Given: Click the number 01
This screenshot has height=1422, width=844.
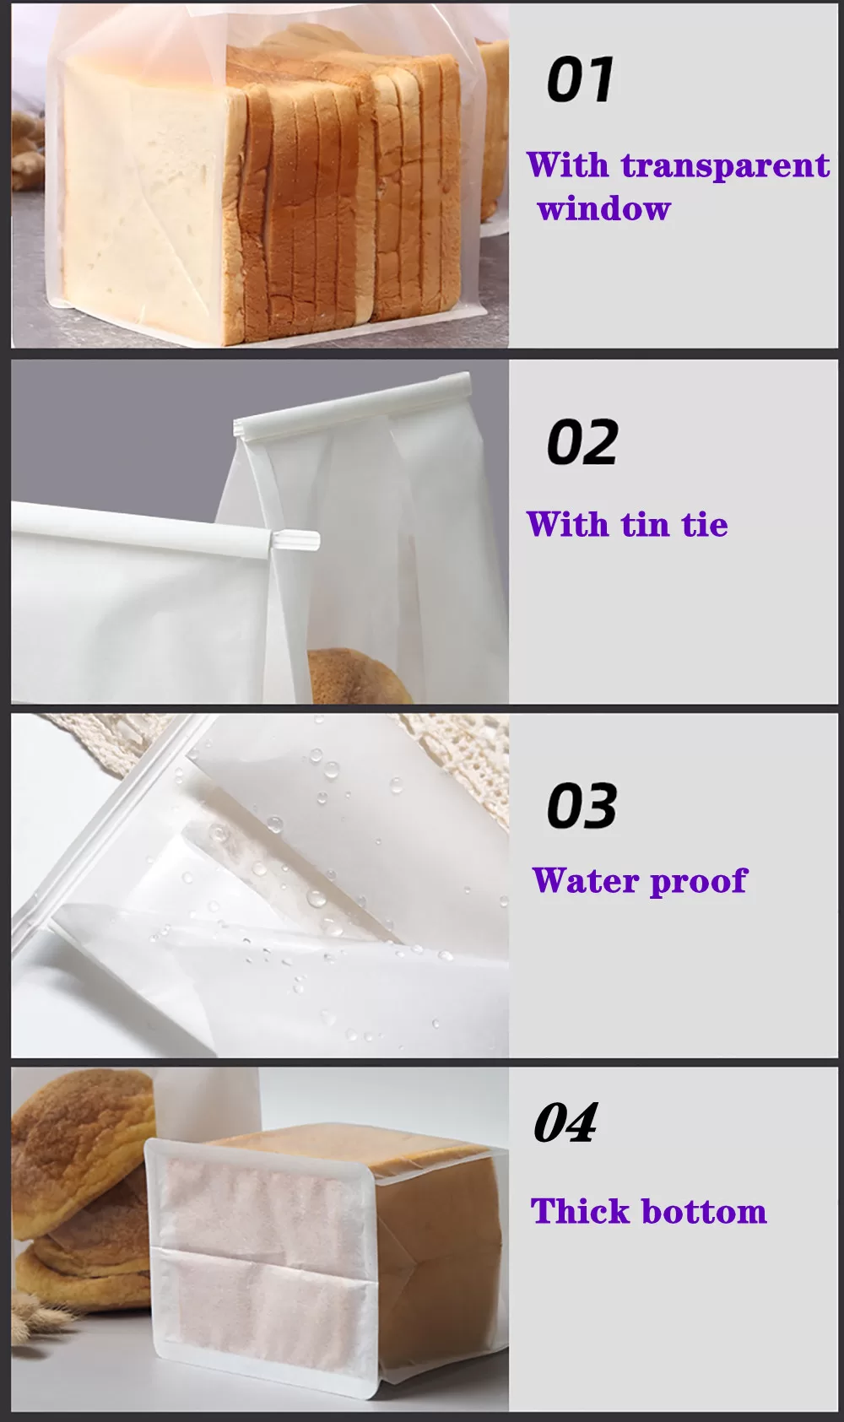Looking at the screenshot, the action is [x=580, y=79].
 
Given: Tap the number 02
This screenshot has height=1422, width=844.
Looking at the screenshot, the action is [x=582, y=442].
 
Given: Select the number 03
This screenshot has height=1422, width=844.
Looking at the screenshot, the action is [x=582, y=805].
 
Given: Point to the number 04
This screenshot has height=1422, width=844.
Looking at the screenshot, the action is [x=565, y=1123].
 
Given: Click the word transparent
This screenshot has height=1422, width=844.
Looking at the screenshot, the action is [x=725, y=165].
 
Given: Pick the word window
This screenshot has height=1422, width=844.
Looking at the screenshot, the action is [x=604, y=208].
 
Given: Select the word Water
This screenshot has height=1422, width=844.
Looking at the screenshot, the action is [x=586, y=880].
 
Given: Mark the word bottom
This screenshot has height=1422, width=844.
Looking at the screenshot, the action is [x=704, y=1211].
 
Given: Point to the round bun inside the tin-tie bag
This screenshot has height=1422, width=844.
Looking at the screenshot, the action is [x=359, y=675].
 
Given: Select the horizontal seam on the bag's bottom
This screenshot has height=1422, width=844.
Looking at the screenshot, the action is [x=262, y=1251].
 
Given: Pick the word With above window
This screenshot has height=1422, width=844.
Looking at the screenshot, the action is [x=568, y=165].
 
